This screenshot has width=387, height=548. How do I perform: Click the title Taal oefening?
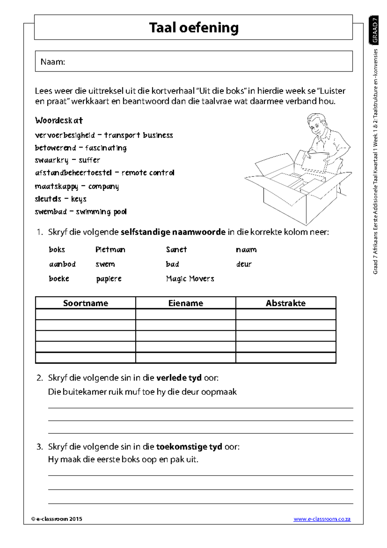(193, 28)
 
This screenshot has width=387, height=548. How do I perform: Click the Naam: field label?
(53, 62)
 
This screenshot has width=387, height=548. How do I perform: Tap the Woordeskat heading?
(59, 121)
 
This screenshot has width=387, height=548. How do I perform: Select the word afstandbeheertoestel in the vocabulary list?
(73, 173)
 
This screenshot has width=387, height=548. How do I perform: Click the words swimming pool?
(101, 212)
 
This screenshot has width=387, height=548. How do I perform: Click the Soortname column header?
(85, 303)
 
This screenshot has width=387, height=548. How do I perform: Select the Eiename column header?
(185, 303)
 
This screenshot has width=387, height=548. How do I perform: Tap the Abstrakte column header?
(285, 303)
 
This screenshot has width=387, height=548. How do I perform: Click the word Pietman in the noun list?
(110, 249)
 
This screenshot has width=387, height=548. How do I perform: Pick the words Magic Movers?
(190, 279)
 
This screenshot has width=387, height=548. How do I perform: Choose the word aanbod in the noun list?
(62, 264)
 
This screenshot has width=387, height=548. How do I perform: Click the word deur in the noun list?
(243, 264)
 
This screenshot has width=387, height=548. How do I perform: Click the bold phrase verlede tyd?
(179, 378)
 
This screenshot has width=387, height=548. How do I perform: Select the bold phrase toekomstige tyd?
(189, 447)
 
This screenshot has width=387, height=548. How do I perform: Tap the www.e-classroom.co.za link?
(322, 519)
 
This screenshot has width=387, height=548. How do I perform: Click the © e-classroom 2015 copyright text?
(57, 519)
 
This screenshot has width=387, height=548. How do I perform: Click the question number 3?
(39, 447)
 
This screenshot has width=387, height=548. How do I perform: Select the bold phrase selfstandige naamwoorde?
(173, 232)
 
